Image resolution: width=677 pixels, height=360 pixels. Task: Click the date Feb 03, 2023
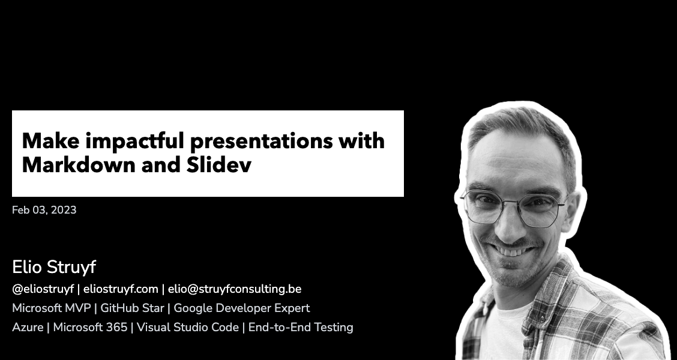point(44,210)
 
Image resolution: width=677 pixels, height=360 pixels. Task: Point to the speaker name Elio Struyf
point(54,268)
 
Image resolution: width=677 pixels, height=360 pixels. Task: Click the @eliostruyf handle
point(43,289)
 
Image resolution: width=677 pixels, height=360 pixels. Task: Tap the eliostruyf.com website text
point(121,289)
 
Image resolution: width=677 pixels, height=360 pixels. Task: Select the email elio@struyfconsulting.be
point(235,289)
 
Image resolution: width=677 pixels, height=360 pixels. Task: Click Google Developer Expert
point(242,308)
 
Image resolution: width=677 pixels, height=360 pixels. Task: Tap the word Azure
point(28,328)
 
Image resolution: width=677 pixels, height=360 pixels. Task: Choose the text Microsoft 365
point(90,328)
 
